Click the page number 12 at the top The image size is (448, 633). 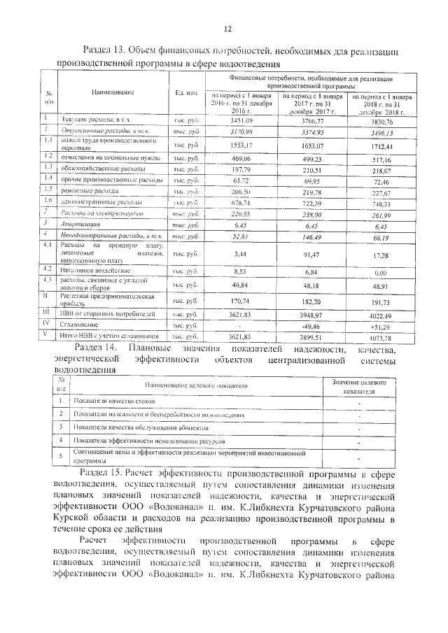point(227,29)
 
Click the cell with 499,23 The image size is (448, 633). point(313,159)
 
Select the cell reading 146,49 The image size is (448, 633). point(313,237)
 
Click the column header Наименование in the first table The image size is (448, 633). point(113,92)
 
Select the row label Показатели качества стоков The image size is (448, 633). point(110,401)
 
